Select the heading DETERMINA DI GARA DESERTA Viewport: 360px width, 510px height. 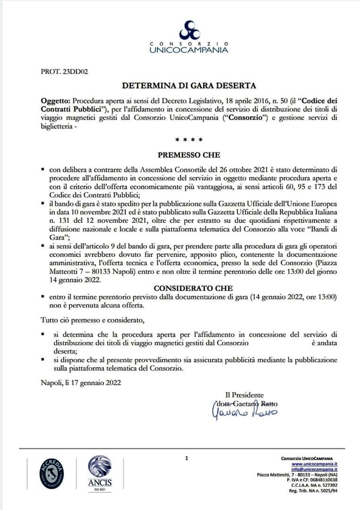[x=189, y=86]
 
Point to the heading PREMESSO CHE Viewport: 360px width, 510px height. [x=189, y=154]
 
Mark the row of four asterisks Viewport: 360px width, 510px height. [x=189, y=140]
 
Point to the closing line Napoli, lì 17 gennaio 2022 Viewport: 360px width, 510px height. [x=81, y=383]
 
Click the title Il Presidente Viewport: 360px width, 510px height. [x=244, y=395]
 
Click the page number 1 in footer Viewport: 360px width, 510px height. [x=187, y=458]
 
